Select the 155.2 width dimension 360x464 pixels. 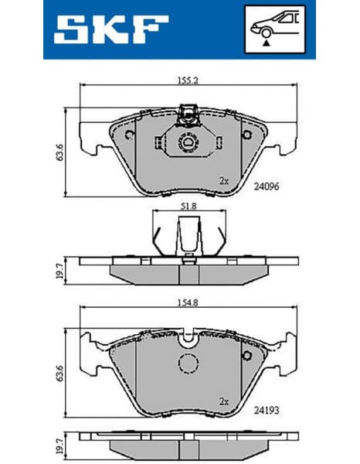(183, 79)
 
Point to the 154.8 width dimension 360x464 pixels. (183, 306)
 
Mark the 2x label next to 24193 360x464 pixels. (224, 401)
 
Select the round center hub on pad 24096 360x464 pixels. (186, 142)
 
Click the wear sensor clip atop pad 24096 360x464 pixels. (186, 118)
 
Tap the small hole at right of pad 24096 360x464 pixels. (248, 136)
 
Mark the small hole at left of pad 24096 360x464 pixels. (126, 136)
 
